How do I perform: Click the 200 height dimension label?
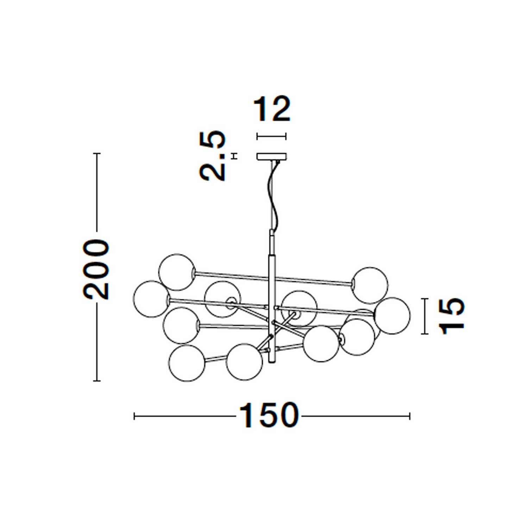click(96, 270)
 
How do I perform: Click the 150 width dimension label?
click(269, 416)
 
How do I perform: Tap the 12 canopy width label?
click(272, 109)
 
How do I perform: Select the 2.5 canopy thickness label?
click(212, 155)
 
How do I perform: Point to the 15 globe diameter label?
click(451, 316)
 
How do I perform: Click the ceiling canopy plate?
click(272, 156)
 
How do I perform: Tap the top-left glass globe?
click(176, 272)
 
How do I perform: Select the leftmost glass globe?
click(151, 299)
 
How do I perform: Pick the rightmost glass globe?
click(392, 316)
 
